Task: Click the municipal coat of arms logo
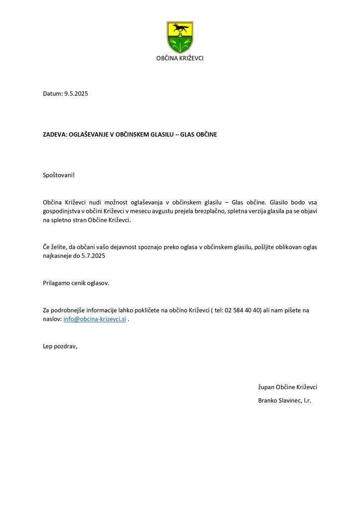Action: [x=180, y=37]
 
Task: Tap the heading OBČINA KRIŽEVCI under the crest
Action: [x=180, y=58]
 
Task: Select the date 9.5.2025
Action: [x=76, y=93]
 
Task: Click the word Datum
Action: [x=52, y=93]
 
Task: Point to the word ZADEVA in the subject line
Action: [x=54, y=134]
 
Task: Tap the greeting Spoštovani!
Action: [x=59, y=175]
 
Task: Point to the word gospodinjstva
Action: [x=62, y=211]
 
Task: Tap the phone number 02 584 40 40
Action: [x=243, y=310]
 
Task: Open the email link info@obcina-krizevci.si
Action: [x=94, y=319]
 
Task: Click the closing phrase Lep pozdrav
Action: [x=60, y=346]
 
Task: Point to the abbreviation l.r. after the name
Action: [x=307, y=400]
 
